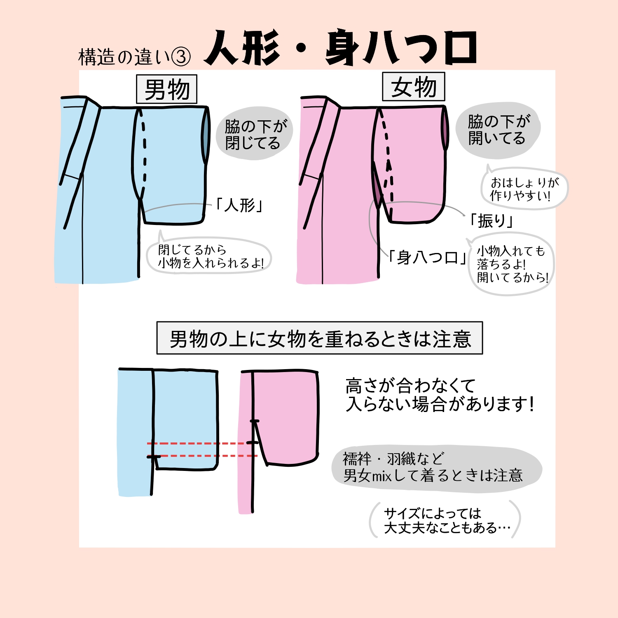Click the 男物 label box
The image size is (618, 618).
(167, 89)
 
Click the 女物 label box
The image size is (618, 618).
(414, 87)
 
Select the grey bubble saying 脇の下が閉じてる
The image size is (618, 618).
(254, 133)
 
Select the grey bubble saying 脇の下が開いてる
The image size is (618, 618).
(498, 130)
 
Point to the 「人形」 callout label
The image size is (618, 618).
(239, 205)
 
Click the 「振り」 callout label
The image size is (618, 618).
(491, 221)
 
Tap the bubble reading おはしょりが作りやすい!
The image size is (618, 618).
(524, 189)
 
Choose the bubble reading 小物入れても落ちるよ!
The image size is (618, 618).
(512, 264)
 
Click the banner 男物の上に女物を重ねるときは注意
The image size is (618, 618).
(320, 339)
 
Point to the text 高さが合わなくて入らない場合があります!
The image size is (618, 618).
(439, 395)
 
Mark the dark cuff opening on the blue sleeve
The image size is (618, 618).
(206, 136)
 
